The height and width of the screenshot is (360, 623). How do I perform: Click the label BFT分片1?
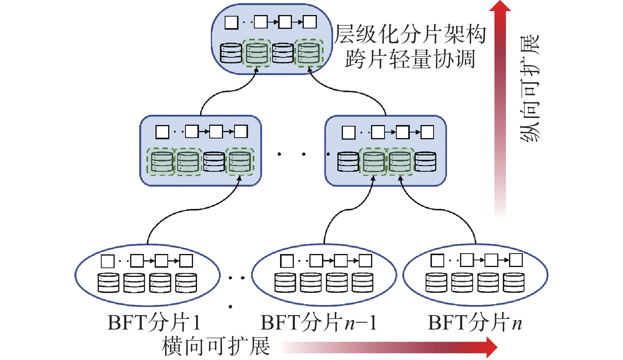click(154, 323)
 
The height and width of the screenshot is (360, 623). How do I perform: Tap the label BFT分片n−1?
click(319, 323)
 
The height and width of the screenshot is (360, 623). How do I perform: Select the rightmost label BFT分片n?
click(475, 323)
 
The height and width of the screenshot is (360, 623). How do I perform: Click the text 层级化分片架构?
click(410, 34)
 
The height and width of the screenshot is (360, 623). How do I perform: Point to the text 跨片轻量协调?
click(410, 59)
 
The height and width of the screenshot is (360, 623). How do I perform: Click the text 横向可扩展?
click(216, 346)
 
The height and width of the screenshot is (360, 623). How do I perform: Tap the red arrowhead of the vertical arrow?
click(500, 6)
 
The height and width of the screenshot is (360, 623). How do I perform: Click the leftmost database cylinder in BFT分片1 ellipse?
click(108, 282)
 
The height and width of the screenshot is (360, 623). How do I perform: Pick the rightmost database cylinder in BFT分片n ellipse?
click(514, 282)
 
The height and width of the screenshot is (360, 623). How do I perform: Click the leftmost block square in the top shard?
click(231, 22)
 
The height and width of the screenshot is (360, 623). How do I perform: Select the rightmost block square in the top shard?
click(310, 22)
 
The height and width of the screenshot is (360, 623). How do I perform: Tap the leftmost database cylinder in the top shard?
click(231, 53)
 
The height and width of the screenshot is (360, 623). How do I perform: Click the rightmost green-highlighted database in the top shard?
click(309, 53)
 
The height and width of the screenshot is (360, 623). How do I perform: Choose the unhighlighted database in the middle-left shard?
click(214, 161)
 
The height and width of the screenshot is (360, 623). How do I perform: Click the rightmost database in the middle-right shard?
click(425, 161)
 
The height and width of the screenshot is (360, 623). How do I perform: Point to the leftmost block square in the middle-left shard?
click(163, 132)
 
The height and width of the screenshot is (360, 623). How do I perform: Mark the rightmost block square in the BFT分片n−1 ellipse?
click(365, 261)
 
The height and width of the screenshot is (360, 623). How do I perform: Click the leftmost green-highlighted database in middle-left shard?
click(161, 162)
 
